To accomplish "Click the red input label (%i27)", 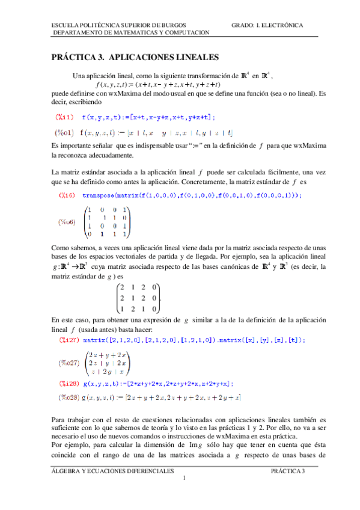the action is tap(70, 340).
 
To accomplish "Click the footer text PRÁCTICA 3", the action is tap(288, 471).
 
